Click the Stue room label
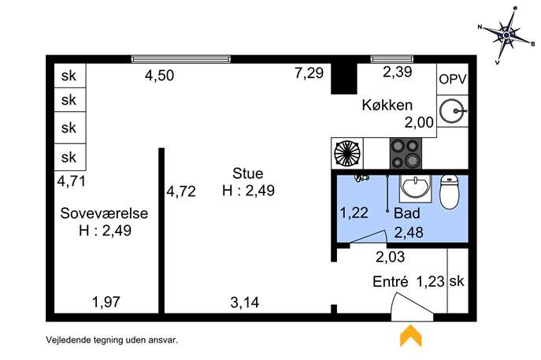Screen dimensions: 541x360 pyautogui.click(x=248, y=173)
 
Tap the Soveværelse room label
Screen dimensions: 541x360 pyautogui.click(x=104, y=213)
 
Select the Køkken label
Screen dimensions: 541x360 pyautogui.click(x=387, y=105)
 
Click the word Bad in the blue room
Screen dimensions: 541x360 pyautogui.click(x=407, y=213)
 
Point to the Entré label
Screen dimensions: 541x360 pyautogui.click(x=391, y=282)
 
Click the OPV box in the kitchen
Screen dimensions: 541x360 pyautogui.click(x=453, y=79)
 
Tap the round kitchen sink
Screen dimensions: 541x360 pyautogui.click(x=453, y=111)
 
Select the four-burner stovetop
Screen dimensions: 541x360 pyautogui.click(x=406, y=154)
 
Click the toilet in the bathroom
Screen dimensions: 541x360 pyautogui.click(x=450, y=192)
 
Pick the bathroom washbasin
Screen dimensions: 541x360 pyautogui.click(x=416, y=188)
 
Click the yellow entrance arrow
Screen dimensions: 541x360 pyautogui.click(x=410, y=336)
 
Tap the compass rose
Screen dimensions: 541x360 pyautogui.click(x=506, y=35)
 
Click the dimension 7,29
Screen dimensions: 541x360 pyautogui.click(x=309, y=72)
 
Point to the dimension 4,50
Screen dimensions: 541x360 pyautogui.click(x=159, y=76)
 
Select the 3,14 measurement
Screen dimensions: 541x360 pyautogui.click(x=245, y=302)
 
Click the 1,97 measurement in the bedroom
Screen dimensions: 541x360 pyautogui.click(x=106, y=302)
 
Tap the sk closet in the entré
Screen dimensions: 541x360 pyautogui.click(x=458, y=281)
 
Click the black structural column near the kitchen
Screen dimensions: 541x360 pyautogui.click(x=344, y=79)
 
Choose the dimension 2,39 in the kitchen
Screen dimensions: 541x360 pyautogui.click(x=398, y=72)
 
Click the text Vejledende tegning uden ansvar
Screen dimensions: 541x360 pyautogui.click(x=112, y=340)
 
